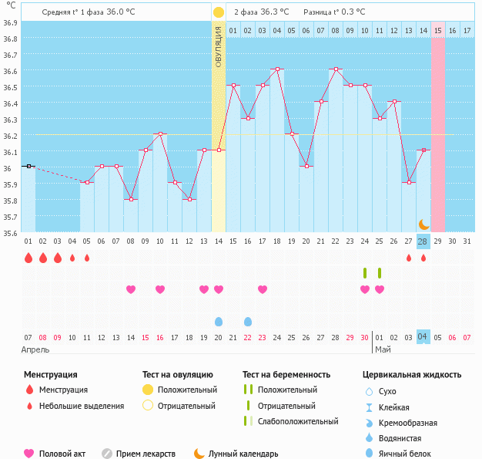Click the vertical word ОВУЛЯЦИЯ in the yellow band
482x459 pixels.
click(219, 46)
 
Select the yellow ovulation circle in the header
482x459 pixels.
click(219, 12)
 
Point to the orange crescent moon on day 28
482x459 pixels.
click(423, 224)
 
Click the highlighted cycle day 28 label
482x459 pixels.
click(423, 241)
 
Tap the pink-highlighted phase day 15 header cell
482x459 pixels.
click(437, 30)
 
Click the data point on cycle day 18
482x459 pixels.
click(276, 69)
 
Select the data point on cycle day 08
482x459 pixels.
click(131, 199)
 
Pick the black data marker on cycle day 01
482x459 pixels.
click(28, 166)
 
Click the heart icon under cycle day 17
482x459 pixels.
click(262, 289)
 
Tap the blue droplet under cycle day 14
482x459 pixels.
click(219, 321)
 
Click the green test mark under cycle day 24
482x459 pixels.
click(365, 272)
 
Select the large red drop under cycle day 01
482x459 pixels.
click(28, 258)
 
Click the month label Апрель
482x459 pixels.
click(35, 349)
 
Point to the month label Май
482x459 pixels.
click(382, 349)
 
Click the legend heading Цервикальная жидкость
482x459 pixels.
click(412, 375)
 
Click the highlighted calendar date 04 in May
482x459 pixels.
click(423, 336)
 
